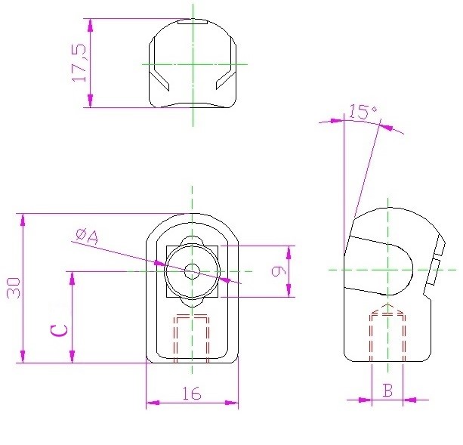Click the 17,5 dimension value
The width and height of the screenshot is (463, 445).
click(x=79, y=63)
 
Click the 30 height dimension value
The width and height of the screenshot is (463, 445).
click(x=14, y=288)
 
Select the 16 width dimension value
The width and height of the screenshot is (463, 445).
click(x=192, y=394)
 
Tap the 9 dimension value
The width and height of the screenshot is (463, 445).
click(x=279, y=271)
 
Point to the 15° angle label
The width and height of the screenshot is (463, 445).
click(x=363, y=112)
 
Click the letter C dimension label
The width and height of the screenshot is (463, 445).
click(x=59, y=330)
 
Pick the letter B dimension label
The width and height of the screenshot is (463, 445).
click(x=387, y=390)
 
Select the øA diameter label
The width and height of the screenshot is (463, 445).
click(x=87, y=236)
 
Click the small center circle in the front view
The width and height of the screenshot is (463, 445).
click(x=193, y=271)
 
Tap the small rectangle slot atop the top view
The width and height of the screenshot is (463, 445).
click(x=193, y=22)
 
